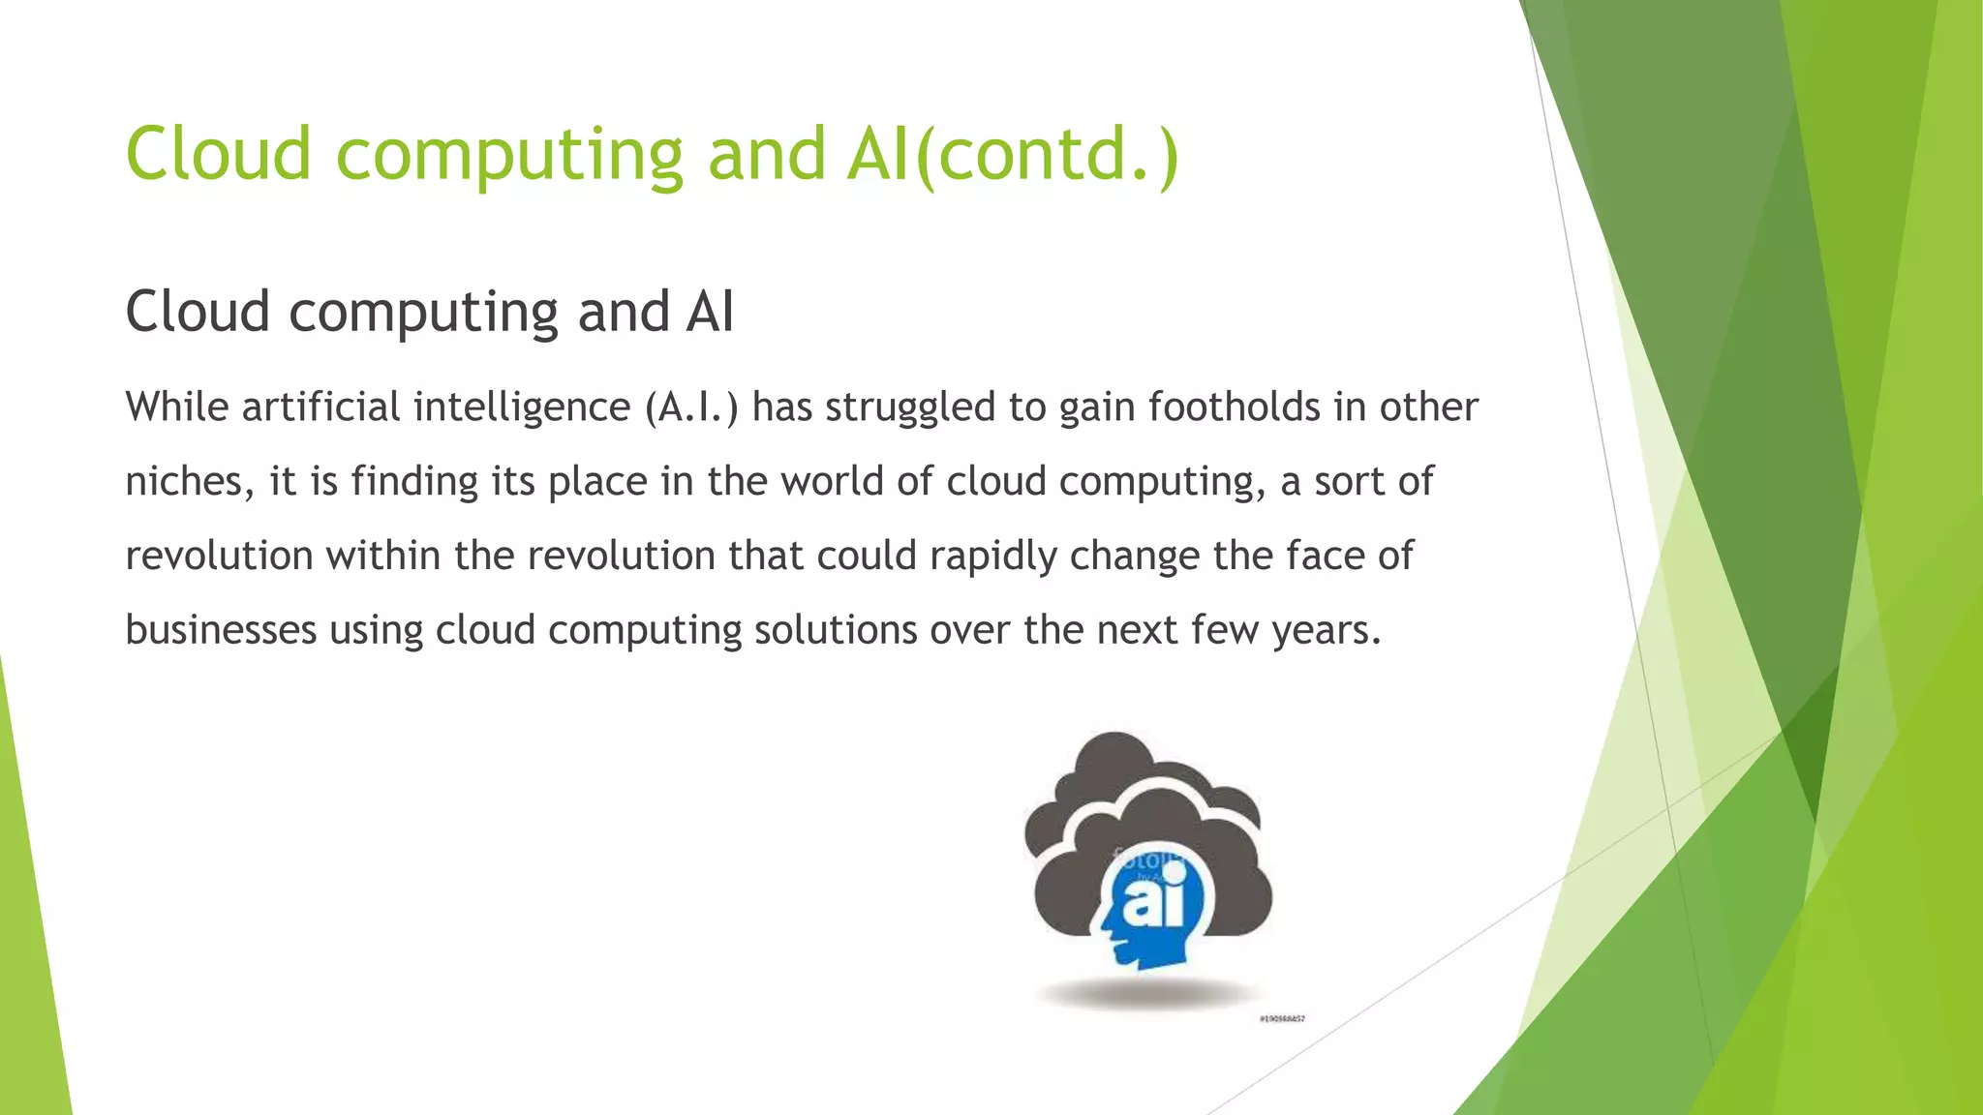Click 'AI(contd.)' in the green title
pyautogui.click(x=1012, y=155)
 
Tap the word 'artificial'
pyautogui.click(x=320, y=407)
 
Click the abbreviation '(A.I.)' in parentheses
pyautogui.click(x=691, y=407)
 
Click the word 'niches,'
pyautogui.click(x=190, y=482)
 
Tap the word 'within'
pyautogui.click(x=383, y=556)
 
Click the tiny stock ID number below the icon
pyautogui.click(x=1282, y=1019)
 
